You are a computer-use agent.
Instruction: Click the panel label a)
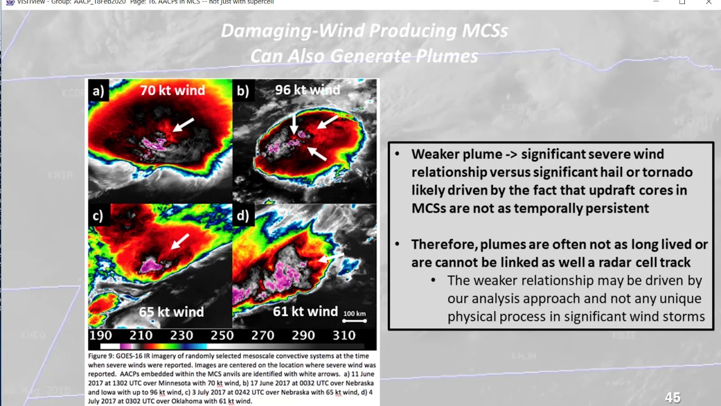[99, 91]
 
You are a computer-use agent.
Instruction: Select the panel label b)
[243, 91]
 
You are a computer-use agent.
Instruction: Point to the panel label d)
[243, 217]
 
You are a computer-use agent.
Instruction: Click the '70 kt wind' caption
[172, 90]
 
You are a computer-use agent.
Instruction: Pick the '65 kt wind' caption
[171, 312]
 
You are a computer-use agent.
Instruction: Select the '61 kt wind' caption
[305, 311]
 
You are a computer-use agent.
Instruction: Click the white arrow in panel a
[184, 125]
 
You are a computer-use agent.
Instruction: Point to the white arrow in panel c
[180, 241]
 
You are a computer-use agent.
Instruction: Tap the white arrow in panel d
[331, 257]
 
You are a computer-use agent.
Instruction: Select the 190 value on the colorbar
[100, 336]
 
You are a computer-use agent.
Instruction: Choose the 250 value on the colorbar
[222, 336]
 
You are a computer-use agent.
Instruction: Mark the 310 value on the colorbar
[344, 336]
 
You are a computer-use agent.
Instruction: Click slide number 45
[673, 398]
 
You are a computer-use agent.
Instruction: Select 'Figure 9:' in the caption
[102, 356]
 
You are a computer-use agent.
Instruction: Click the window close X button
[709, 3]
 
